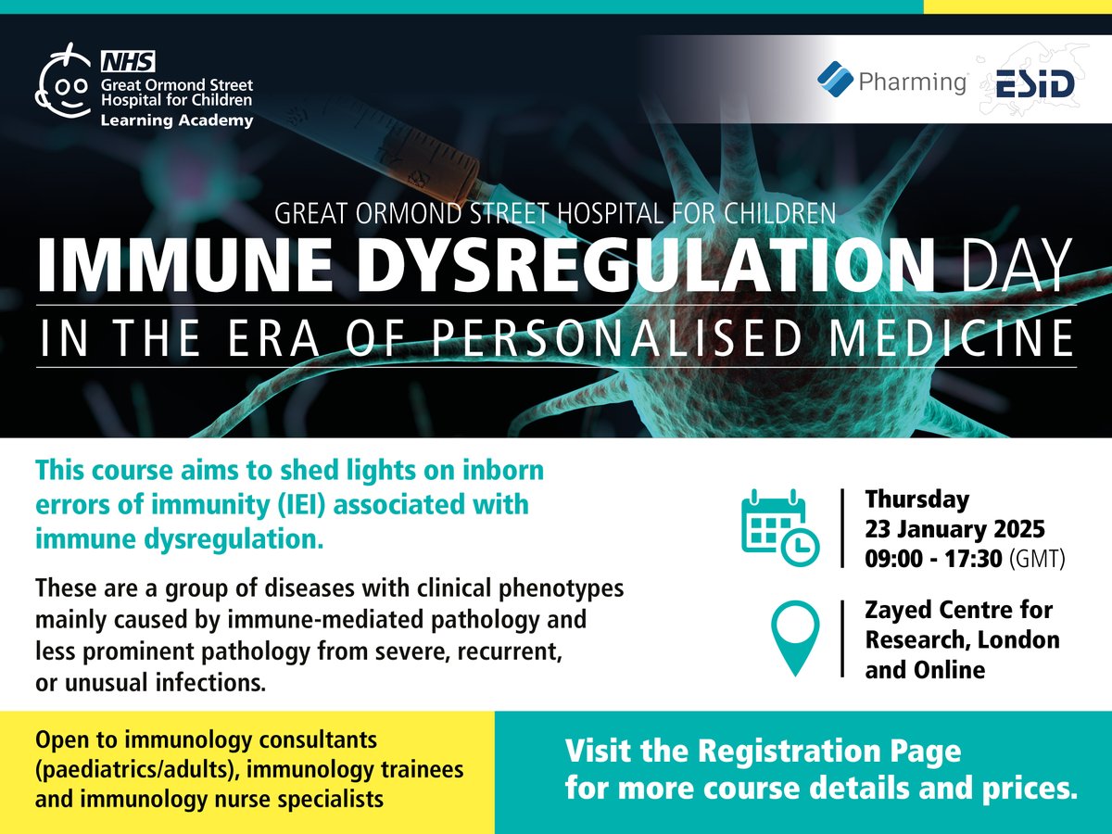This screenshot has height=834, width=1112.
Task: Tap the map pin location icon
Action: tap(795, 638)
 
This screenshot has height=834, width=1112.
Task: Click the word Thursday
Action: tap(916, 499)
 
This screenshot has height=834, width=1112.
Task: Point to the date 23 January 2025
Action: tap(954, 530)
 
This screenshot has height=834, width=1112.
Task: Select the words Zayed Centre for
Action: tap(958, 611)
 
